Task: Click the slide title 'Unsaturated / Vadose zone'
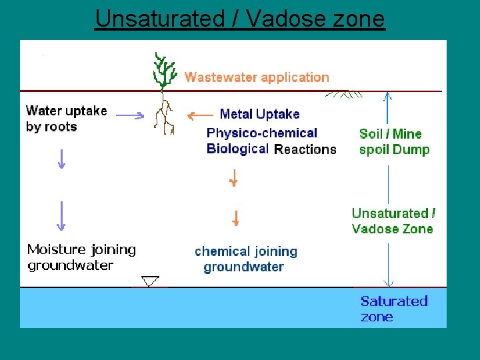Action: (240, 18)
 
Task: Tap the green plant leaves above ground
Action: (163, 69)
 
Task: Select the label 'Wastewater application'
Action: (257, 77)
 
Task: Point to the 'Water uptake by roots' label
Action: (65, 119)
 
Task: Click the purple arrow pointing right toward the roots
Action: (130, 115)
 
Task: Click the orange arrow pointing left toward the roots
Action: (200, 115)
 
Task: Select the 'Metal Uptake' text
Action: (259, 114)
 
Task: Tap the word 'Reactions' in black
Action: (305, 149)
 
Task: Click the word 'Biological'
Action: (237, 149)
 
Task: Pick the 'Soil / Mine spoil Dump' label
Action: (394, 141)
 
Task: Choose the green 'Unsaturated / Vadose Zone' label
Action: (393, 221)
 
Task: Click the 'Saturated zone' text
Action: (393, 309)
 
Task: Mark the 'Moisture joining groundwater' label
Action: (81, 257)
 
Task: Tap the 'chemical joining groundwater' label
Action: (245, 259)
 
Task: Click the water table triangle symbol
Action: (151, 281)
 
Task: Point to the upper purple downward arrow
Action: (61, 159)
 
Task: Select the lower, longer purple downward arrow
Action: (61, 215)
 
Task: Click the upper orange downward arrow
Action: (233, 179)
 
